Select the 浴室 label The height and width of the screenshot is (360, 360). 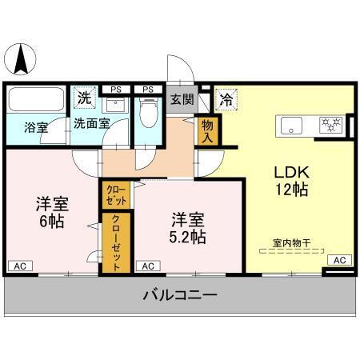(x=36, y=127)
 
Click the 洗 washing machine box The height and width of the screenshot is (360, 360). (x=83, y=98)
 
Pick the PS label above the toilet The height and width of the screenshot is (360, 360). (x=147, y=89)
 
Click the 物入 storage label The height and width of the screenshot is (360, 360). (x=207, y=130)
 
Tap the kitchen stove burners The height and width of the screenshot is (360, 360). (x=330, y=125)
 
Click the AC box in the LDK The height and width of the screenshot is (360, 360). (x=339, y=260)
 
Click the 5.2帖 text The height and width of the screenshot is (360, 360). (x=187, y=238)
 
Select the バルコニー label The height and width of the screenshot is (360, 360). (x=179, y=295)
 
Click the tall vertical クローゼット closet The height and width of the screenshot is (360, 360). (x=116, y=243)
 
